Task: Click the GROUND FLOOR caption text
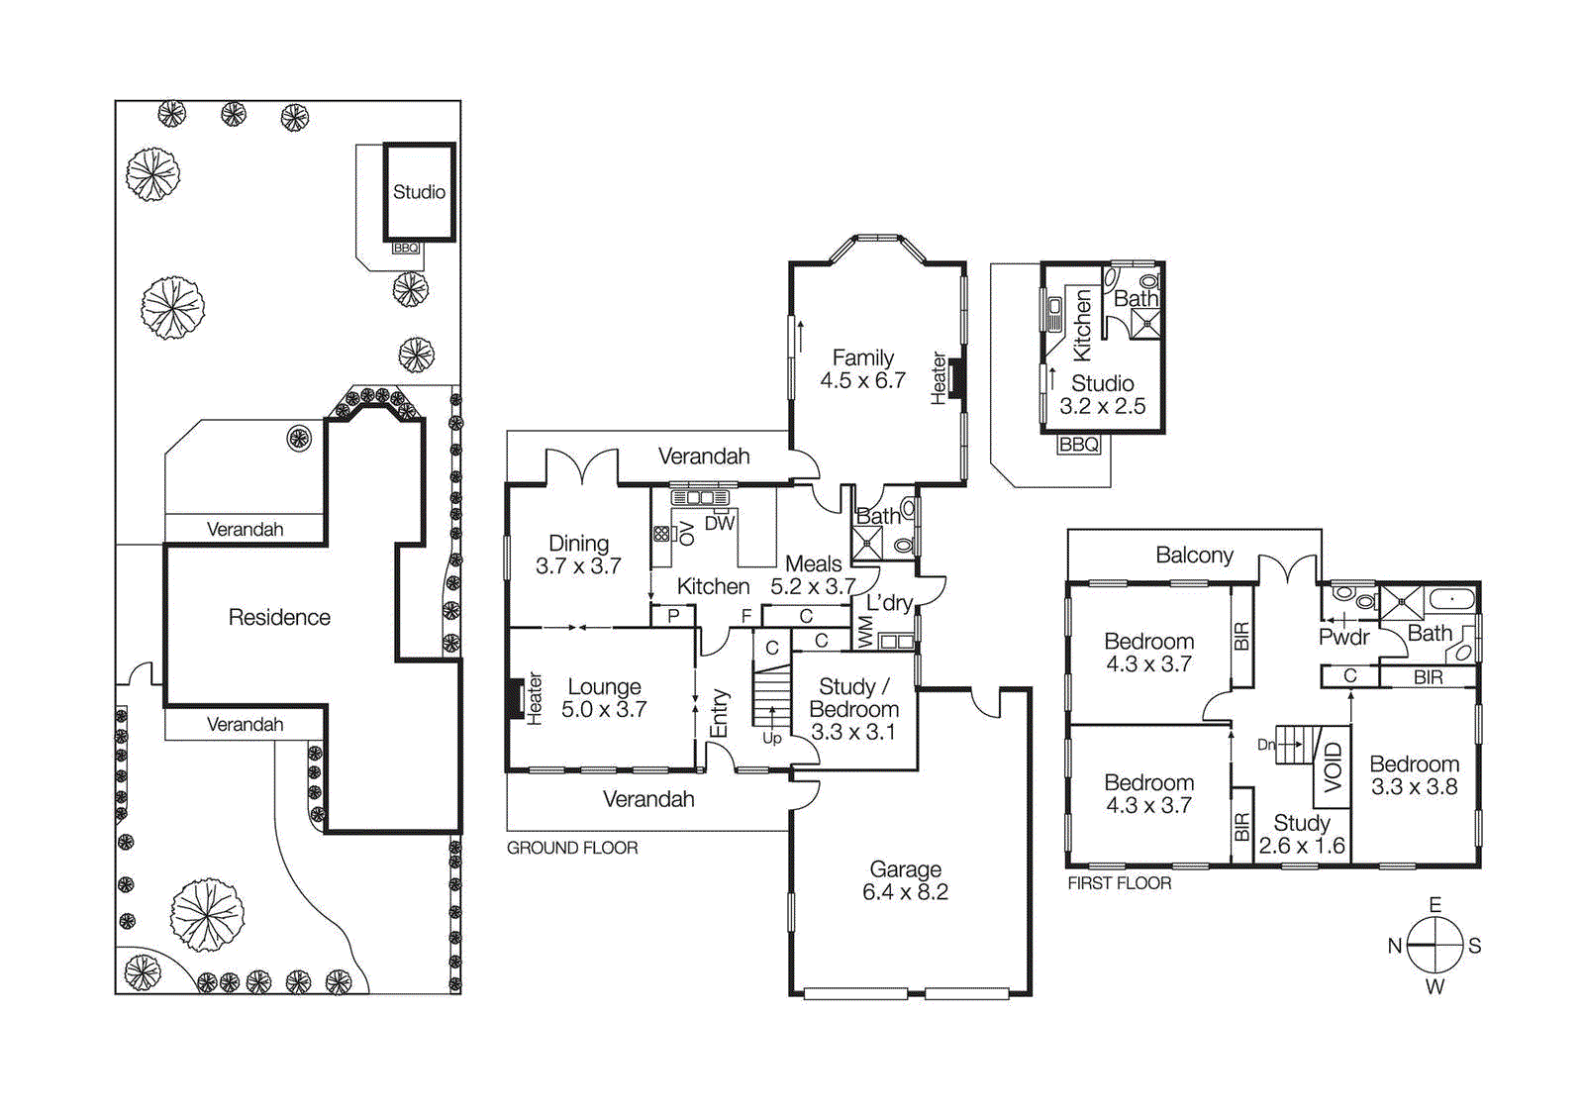pyautogui.click(x=572, y=848)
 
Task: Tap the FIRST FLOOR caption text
pyautogui.click(x=1119, y=883)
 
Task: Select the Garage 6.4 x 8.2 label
pyautogui.click(x=905, y=880)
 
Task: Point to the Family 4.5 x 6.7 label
pyautogui.click(x=862, y=368)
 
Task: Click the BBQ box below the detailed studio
pyautogui.click(x=1078, y=445)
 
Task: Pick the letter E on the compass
pyautogui.click(x=1435, y=904)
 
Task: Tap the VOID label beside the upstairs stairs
pyautogui.click(x=1333, y=766)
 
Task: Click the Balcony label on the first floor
pyautogui.click(x=1194, y=555)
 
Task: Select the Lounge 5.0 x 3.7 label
pyautogui.click(x=604, y=697)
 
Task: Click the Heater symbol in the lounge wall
pyautogui.click(x=515, y=698)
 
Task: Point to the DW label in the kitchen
pyautogui.click(x=720, y=523)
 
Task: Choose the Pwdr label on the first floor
pyautogui.click(x=1343, y=637)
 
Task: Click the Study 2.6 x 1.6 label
pyautogui.click(x=1301, y=834)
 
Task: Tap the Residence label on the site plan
pyautogui.click(x=279, y=617)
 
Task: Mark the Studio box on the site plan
pyautogui.click(x=419, y=192)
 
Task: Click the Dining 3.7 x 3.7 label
pyautogui.click(x=578, y=555)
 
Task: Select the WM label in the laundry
pyautogui.click(x=864, y=632)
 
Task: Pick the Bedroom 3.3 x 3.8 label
pyautogui.click(x=1414, y=775)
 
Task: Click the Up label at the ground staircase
pyautogui.click(x=771, y=738)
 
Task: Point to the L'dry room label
pyautogui.click(x=888, y=602)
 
